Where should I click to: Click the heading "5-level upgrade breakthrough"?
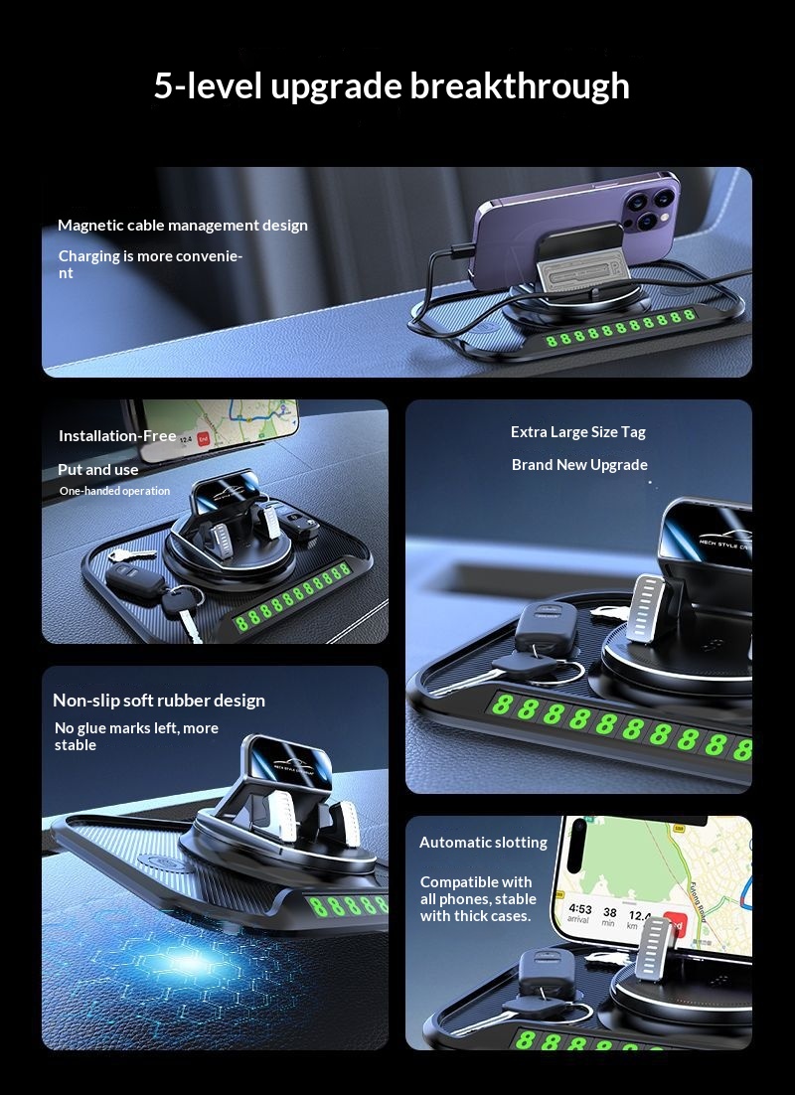392,86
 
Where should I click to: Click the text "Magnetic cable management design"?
183,226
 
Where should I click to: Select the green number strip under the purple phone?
619,339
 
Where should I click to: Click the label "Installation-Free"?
117,436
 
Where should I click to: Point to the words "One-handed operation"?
114,491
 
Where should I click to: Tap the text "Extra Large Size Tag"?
578,432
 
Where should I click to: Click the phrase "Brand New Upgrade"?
579,465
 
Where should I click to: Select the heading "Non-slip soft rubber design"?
159,701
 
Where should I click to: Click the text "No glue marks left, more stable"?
136,736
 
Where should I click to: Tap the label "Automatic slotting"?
483,843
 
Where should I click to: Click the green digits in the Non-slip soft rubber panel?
348,905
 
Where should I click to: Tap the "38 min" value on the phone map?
609,916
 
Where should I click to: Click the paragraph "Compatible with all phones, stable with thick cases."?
477,898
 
